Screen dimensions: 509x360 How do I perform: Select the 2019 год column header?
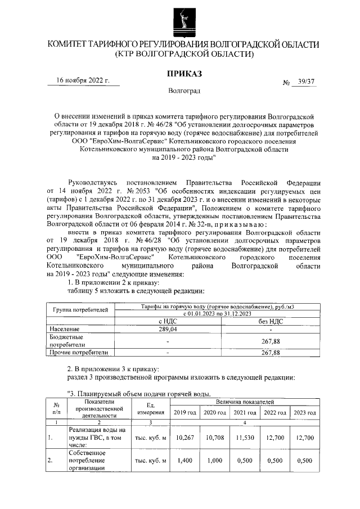[x=184, y=413]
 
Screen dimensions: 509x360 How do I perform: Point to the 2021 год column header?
[x=244, y=413]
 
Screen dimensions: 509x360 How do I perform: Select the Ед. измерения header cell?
[x=151, y=409]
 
